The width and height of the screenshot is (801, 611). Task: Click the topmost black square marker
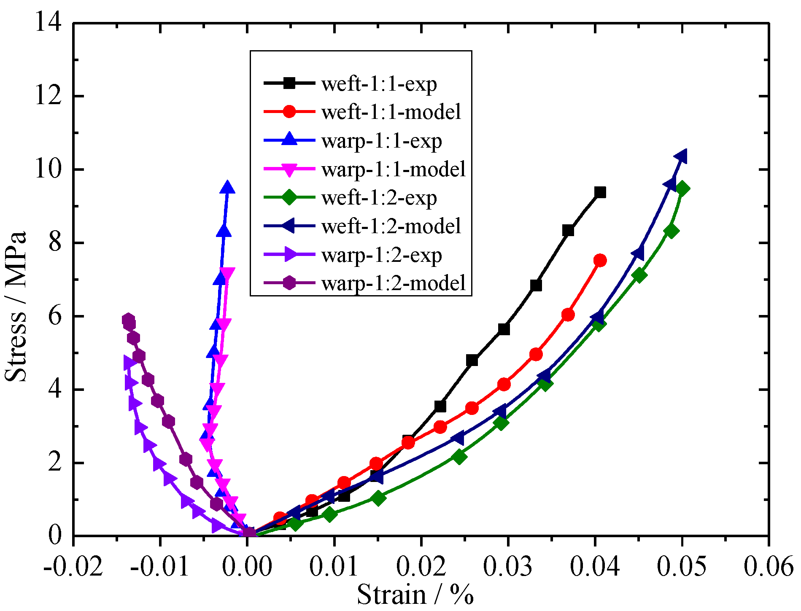pos(600,193)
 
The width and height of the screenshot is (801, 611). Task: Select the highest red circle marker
pos(600,261)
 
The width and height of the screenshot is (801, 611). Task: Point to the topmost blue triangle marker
pos(227,188)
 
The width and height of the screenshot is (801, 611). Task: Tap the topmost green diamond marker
pos(682,188)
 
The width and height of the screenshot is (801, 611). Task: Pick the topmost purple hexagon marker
pos(129,320)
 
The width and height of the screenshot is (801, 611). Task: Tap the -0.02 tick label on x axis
pos(73,566)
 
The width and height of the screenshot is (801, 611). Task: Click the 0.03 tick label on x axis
pos(507,566)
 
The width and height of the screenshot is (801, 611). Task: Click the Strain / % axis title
pos(415,595)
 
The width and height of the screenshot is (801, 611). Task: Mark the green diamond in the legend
pos(290,198)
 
